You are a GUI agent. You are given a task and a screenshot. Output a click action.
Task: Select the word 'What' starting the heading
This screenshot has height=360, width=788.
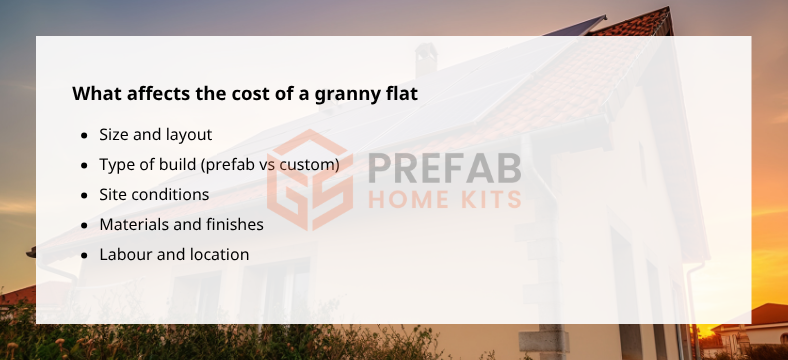click(x=94, y=94)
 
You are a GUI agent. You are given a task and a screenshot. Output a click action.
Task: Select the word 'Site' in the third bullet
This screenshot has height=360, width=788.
click(x=114, y=194)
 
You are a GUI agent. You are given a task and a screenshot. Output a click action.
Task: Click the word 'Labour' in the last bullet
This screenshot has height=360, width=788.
click(x=124, y=254)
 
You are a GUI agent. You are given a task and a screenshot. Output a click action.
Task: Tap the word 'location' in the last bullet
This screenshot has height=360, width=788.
click(x=217, y=254)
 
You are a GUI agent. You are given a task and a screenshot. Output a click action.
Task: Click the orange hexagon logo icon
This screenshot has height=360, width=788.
click(x=308, y=180)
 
